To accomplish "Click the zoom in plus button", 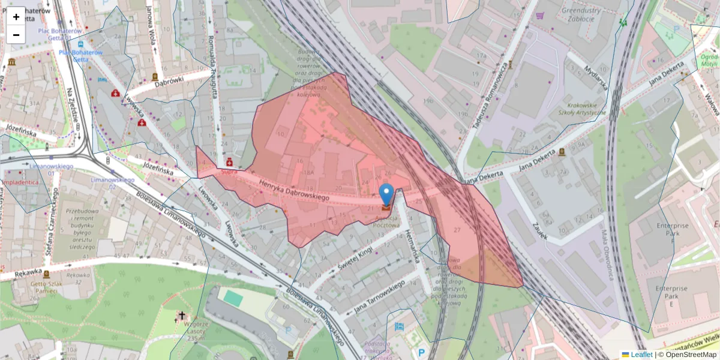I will click(16, 17).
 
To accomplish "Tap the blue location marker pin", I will click(387, 195).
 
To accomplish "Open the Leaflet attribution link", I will click(641, 355).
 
